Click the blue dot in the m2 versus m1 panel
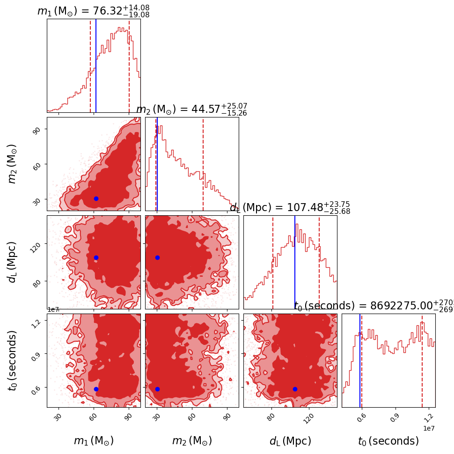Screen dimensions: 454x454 [x=96, y=198]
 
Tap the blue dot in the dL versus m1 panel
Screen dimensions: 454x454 [x=96, y=257]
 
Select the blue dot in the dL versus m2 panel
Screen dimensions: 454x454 [x=157, y=257]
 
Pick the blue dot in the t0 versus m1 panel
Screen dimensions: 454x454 [x=96, y=389]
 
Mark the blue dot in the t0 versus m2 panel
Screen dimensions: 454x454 [x=157, y=389]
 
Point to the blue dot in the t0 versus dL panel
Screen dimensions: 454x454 [x=295, y=389]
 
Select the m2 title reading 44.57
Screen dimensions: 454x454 [x=191, y=110]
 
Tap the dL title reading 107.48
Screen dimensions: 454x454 [x=290, y=208]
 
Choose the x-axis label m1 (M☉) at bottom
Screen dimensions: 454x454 [x=94, y=441]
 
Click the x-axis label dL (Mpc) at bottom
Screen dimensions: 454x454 [x=290, y=441]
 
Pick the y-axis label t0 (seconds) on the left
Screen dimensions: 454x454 [x=13, y=360]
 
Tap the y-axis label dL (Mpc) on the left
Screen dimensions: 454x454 [x=13, y=262]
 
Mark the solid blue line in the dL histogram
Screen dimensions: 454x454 [x=295, y=262]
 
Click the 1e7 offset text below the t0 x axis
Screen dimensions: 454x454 [x=429, y=428]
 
